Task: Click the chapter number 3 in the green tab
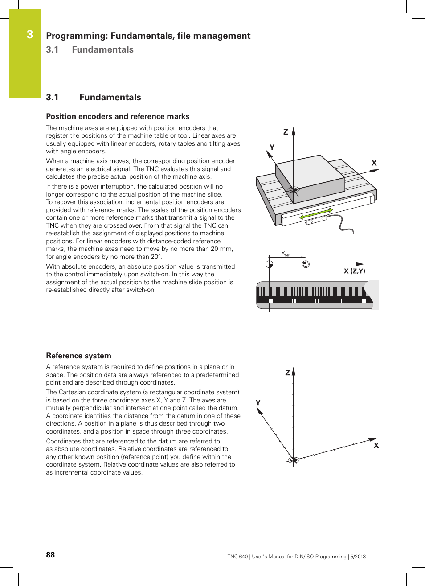pos(30,34)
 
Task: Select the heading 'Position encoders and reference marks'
pos(118,116)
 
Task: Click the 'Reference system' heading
pos(78,356)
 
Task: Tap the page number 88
pos(50,555)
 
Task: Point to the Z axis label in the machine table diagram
pos(286,132)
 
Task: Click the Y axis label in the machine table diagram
pos(272,147)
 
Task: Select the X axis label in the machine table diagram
pos(374,163)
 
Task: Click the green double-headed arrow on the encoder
pos(316,213)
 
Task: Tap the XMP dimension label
pos(286,254)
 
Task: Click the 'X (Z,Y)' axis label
pos(354,271)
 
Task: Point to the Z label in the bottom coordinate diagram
pos(287,373)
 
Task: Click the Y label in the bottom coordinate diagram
pos(258,402)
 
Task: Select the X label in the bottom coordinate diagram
pos(376,445)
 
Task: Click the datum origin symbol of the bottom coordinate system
pos(293,460)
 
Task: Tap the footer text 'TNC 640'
pos(237,557)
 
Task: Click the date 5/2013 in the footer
pos(358,557)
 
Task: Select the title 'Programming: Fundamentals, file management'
pos(148,36)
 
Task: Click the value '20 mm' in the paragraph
pos(222,249)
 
